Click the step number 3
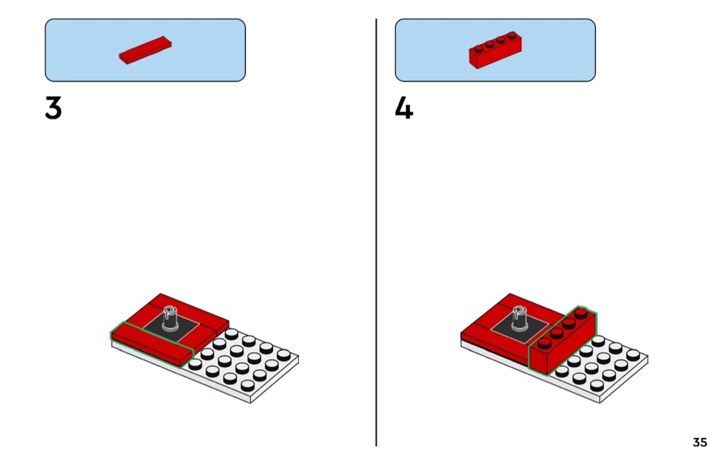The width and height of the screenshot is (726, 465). (x=53, y=108)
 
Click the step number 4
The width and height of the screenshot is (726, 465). (x=404, y=108)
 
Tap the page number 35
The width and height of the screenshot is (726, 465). (x=700, y=442)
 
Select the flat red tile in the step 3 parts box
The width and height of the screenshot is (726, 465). (x=145, y=50)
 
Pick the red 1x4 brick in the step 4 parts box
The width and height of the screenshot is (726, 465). (x=496, y=50)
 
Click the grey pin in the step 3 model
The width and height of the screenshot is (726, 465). (x=170, y=318)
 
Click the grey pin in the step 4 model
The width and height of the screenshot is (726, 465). (x=519, y=318)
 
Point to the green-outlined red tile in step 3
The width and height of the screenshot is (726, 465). (x=151, y=344)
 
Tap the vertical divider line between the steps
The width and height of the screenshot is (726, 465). (x=376, y=232)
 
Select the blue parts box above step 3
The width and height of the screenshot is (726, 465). (x=145, y=50)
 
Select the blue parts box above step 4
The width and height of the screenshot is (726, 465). (x=496, y=50)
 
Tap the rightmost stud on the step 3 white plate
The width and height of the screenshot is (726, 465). (x=283, y=355)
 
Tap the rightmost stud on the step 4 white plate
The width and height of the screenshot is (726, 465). (x=633, y=355)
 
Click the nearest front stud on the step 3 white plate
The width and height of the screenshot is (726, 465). (x=248, y=385)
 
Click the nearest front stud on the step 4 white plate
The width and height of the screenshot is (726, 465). (x=597, y=385)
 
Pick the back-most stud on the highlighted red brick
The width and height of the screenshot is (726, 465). (x=581, y=313)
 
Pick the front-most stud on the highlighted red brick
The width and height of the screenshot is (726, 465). (x=544, y=343)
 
